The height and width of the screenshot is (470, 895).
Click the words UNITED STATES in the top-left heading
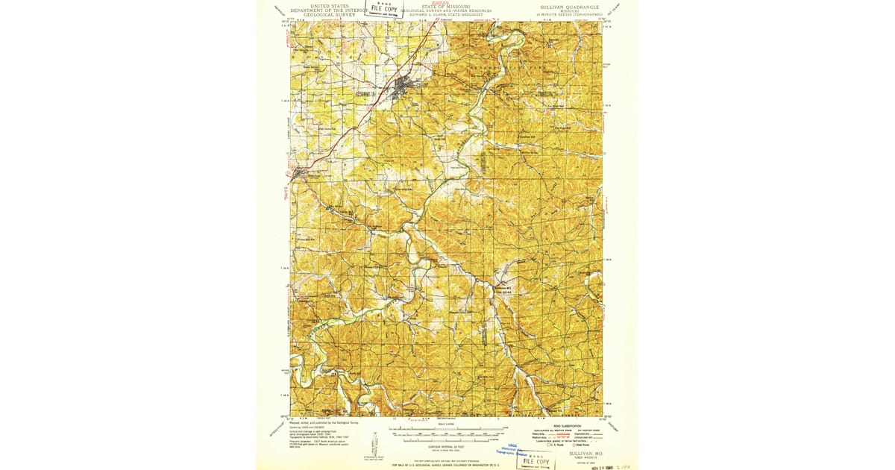click(x=329, y=5)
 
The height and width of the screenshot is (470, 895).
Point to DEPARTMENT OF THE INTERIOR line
click(x=329, y=10)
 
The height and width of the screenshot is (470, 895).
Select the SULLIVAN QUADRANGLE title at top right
click(x=570, y=5)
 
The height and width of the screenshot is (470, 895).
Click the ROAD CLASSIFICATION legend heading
click(x=567, y=426)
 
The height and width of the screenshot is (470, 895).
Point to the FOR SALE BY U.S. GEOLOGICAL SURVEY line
click(x=447, y=466)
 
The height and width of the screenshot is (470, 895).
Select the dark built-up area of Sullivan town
click(x=406, y=84)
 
